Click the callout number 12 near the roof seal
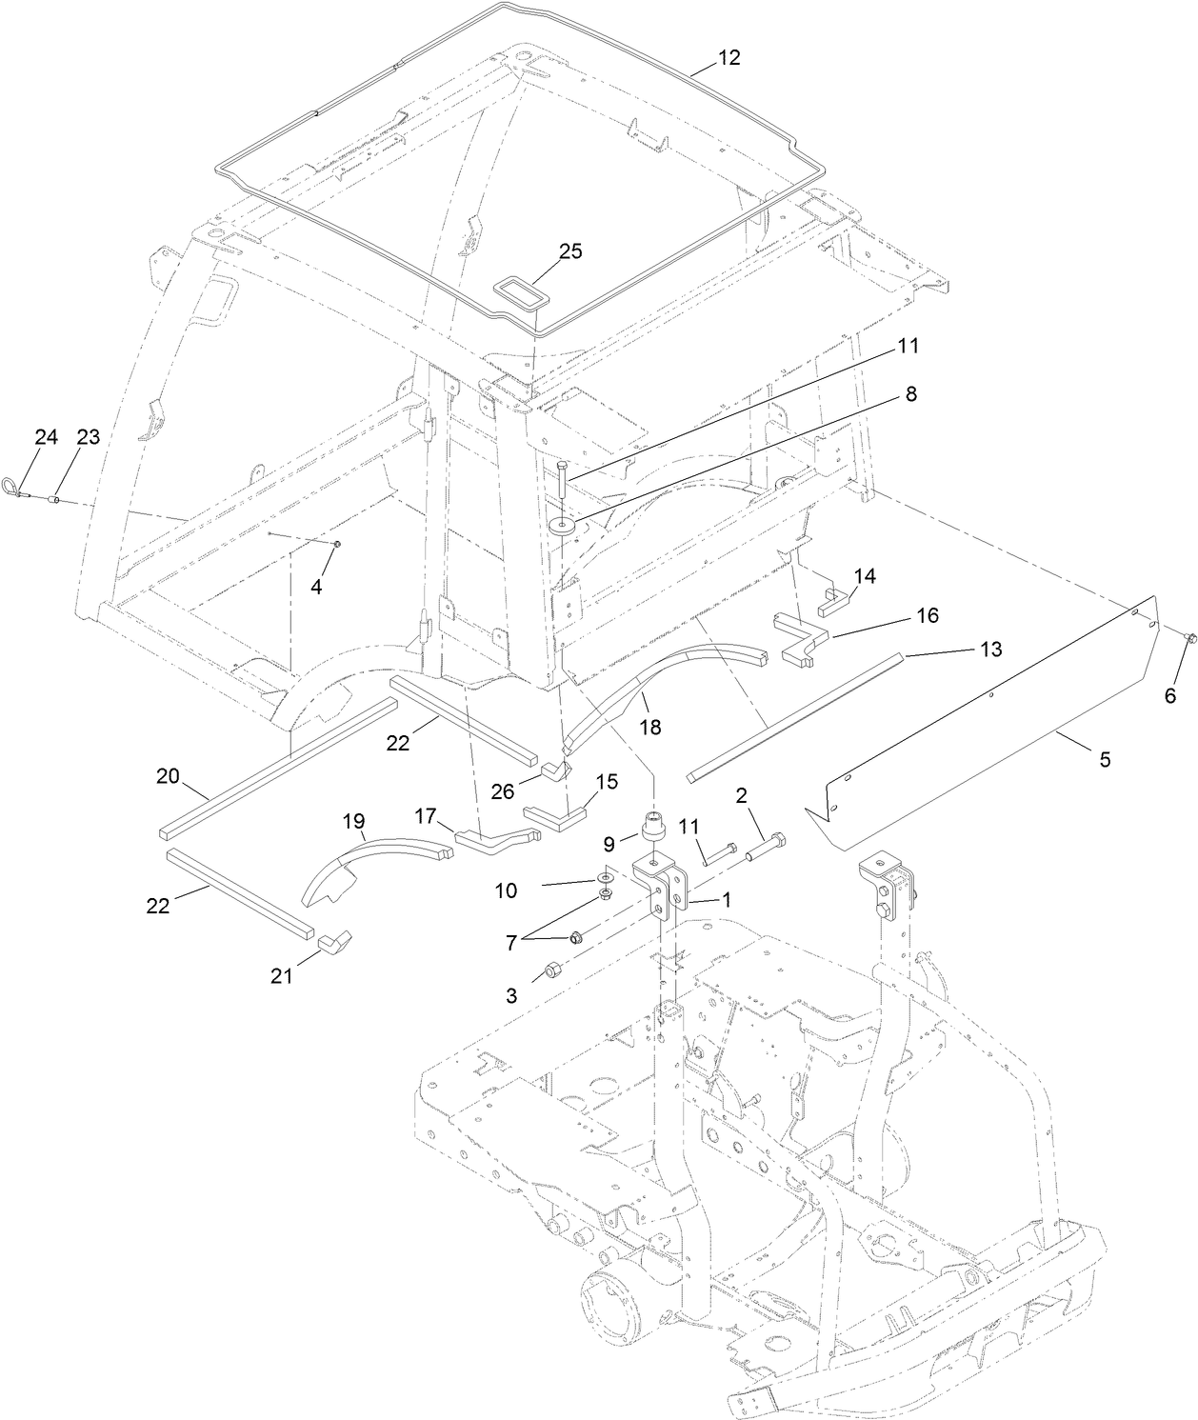(729, 58)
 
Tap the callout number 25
(570, 251)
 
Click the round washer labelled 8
(562, 525)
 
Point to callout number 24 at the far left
(46, 436)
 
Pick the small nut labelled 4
(336, 544)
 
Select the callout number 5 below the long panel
(1105, 761)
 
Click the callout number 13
(991, 650)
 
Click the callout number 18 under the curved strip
(650, 727)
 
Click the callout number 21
(282, 976)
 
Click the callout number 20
(168, 776)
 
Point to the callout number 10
(506, 890)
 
